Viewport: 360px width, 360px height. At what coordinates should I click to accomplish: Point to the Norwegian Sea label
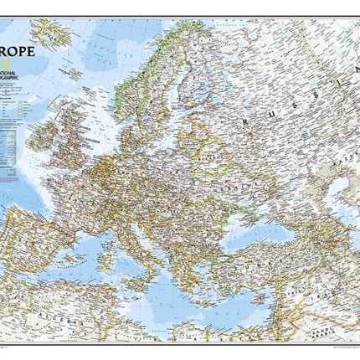100,50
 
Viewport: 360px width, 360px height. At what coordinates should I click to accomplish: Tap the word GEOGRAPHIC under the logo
17,81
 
